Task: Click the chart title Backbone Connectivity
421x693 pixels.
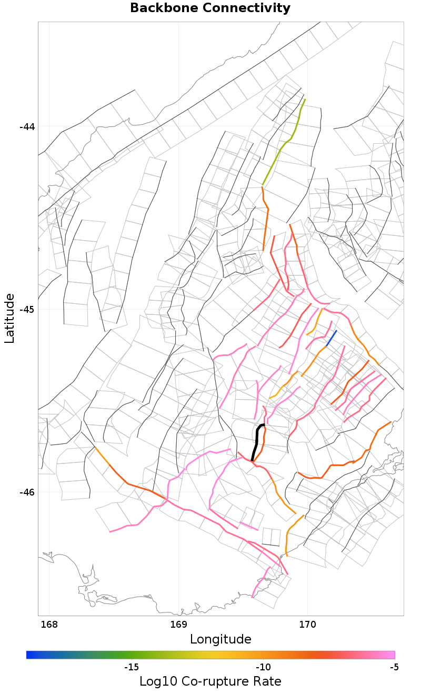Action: [210, 8]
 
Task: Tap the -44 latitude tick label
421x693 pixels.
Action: [27, 127]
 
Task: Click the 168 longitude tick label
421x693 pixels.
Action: [49, 625]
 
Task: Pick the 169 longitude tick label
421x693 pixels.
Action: [178, 625]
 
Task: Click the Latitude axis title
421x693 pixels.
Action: [9, 319]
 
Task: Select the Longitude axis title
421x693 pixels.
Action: [220, 639]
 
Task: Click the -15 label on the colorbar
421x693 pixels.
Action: [131, 667]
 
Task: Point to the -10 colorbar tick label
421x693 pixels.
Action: [263, 667]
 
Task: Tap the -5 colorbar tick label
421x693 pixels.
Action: [394, 667]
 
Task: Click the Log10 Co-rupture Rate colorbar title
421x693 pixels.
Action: [210, 681]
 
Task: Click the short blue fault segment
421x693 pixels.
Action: [331, 339]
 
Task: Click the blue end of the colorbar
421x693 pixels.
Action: [29, 655]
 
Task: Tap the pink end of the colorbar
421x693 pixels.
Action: [391, 655]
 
